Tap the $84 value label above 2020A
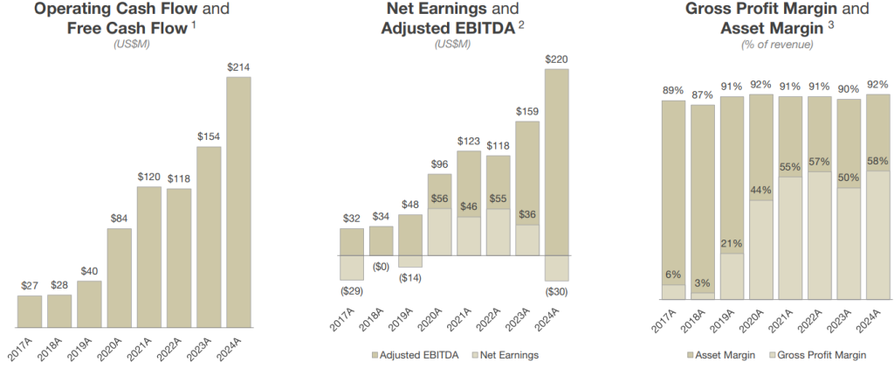[120, 219]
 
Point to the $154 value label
[209, 136]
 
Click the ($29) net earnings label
[351, 289]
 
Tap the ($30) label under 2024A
[556, 289]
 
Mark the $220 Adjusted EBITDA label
[556, 59]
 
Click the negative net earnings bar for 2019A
[410, 261]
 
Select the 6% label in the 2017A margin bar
[673, 275]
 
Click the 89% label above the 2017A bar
[673, 89]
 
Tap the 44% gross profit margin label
[760, 191]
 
